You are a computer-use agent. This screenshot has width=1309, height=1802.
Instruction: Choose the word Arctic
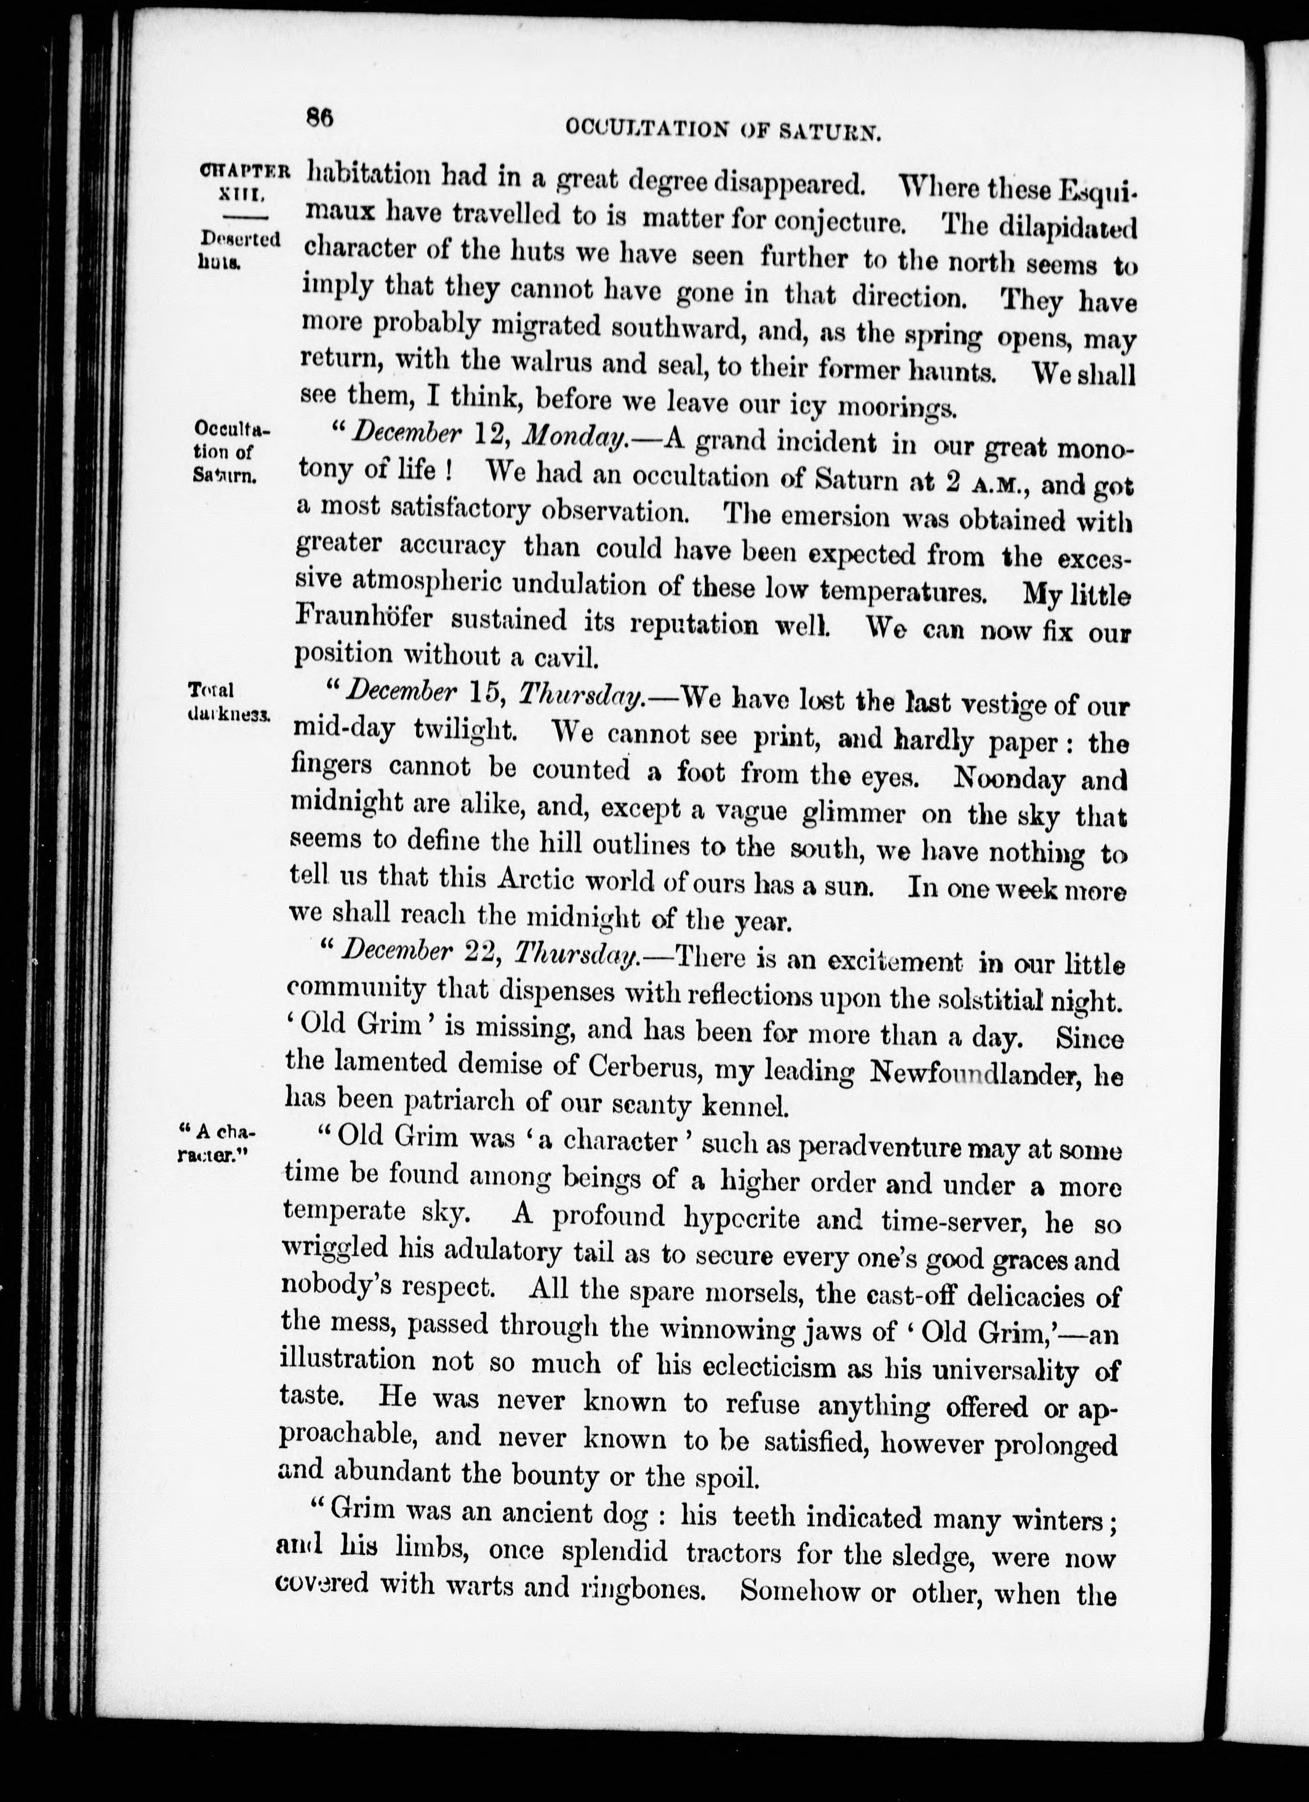(543, 881)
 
